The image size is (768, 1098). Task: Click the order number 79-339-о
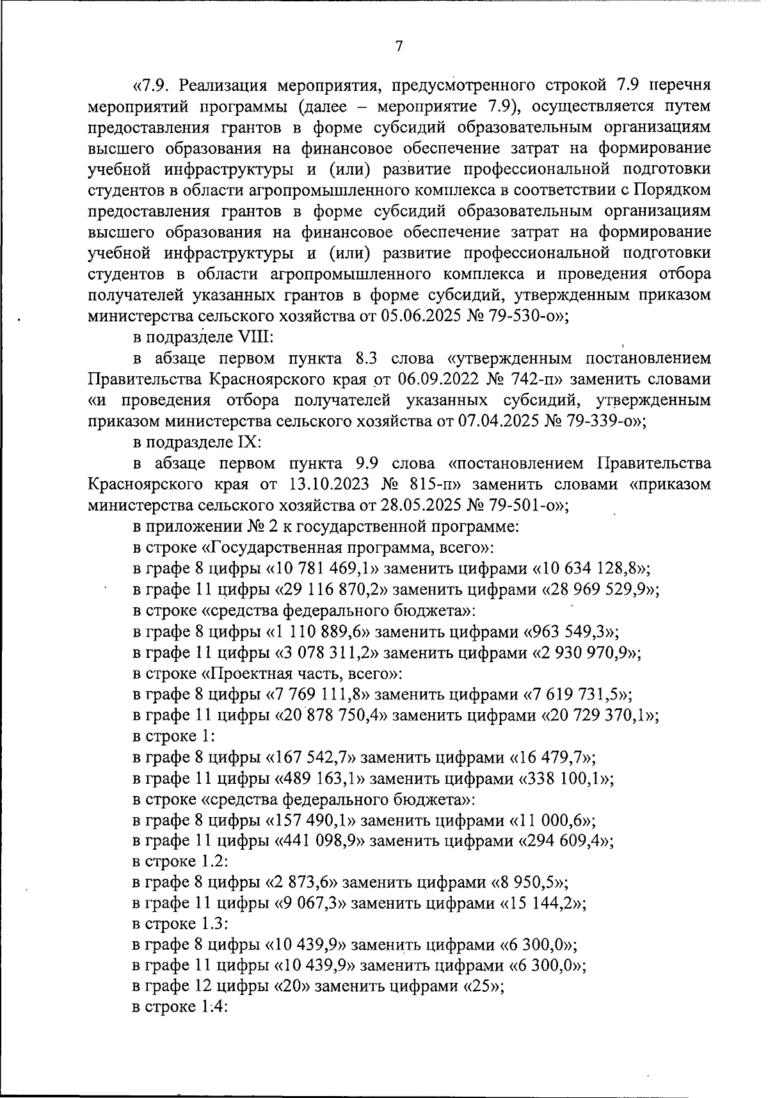[x=602, y=421]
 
